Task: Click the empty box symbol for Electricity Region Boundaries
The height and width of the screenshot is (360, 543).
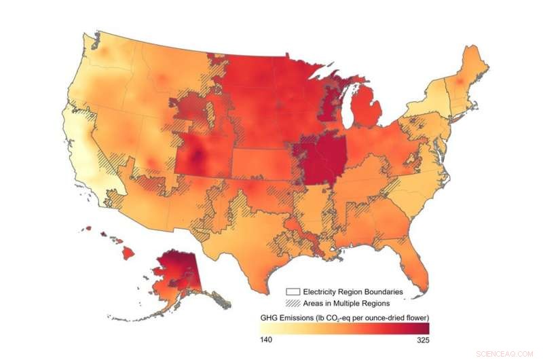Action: tap(294, 291)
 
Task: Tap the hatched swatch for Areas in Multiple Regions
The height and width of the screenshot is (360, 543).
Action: tap(294, 303)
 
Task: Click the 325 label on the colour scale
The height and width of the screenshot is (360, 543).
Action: tap(421, 340)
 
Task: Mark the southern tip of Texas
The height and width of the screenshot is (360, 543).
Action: tap(260, 280)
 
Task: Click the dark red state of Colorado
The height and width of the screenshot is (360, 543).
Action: tap(200, 160)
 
